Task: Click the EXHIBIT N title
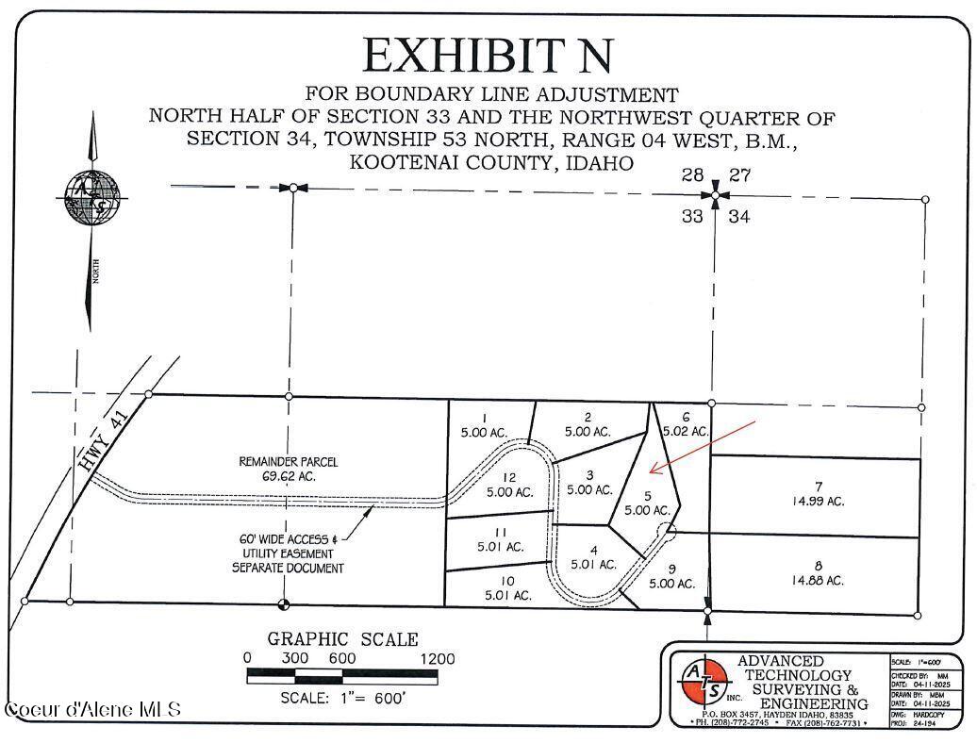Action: pyautogui.click(x=488, y=56)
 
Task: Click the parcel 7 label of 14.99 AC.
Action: pyautogui.click(x=818, y=494)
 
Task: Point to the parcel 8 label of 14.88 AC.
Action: pyautogui.click(x=818, y=573)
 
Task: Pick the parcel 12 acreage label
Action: pyautogui.click(x=509, y=485)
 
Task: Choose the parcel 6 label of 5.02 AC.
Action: pyautogui.click(x=686, y=423)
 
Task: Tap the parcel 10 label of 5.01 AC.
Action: pyautogui.click(x=508, y=587)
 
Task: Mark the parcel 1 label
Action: pyautogui.click(x=484, y=425)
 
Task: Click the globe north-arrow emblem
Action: pyautogui.click(x=92, y=200)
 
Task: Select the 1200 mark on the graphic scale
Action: pyautogui.click(x=437, y=659)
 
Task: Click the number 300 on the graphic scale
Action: pyautogui.click(x=295, y=659)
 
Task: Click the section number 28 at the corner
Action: pyautogui.click(x=693, y=174)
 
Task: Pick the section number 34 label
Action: pyautogui.click(x=739, y=217)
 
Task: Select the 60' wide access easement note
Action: pyautogui.click(x=289, y=554)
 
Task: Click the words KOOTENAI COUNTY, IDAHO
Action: pyautogui.click(x=490, y=162)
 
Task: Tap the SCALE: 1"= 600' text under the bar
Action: pyautogui.click(x=343, y=699)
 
